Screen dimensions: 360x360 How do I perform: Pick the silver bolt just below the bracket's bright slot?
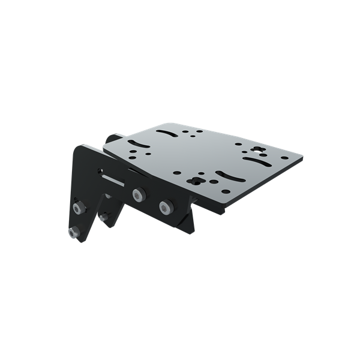(138, 195)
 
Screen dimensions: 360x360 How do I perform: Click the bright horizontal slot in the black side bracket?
(114, 178)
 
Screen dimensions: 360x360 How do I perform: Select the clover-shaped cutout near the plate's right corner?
(258, 151)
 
